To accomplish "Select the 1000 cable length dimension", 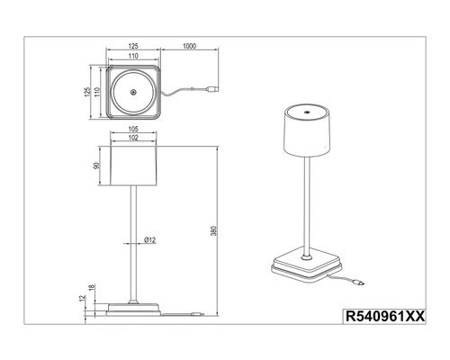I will coord(190,45).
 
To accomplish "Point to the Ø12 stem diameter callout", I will coord(149,240).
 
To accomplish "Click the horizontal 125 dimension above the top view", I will coord(131,45).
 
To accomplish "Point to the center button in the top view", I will coord(131,94).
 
